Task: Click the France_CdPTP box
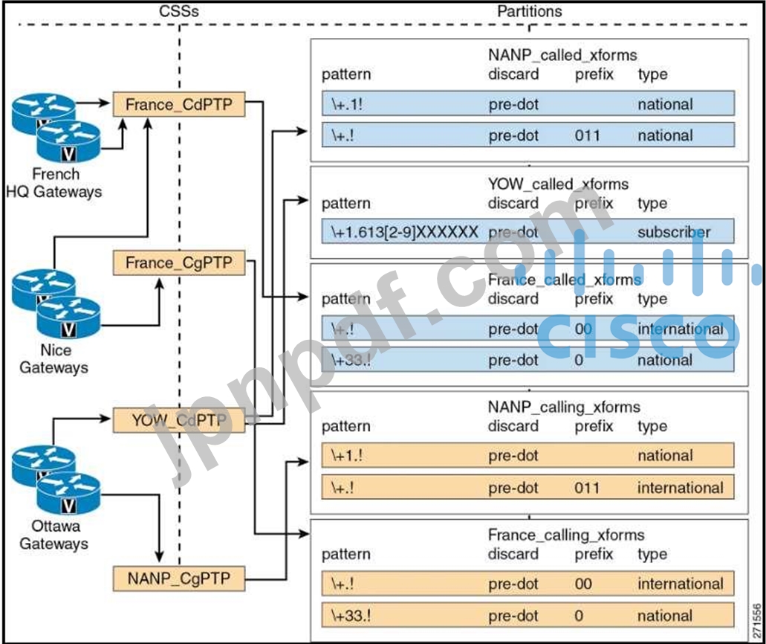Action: [x=179, y=105]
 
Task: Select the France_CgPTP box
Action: [x=179, y=263]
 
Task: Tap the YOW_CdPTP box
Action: [x=179, y=421]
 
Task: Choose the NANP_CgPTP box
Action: [x=179, y=578]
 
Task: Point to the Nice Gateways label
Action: [x=53, y=359]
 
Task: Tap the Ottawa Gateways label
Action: [x=53, y=535]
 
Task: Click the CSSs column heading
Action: [x=179, y=12]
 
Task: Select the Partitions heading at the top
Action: [x=529, y=12]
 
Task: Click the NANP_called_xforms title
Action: [x=562, y=55]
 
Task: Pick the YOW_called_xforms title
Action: [x=558, y=184]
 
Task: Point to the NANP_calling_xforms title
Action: [x=564, y=407]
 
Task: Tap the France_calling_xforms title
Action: [x=566, y=535]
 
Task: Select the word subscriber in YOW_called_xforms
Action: [x=674, y=232]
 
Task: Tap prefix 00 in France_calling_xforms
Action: [x=583, y=584]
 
